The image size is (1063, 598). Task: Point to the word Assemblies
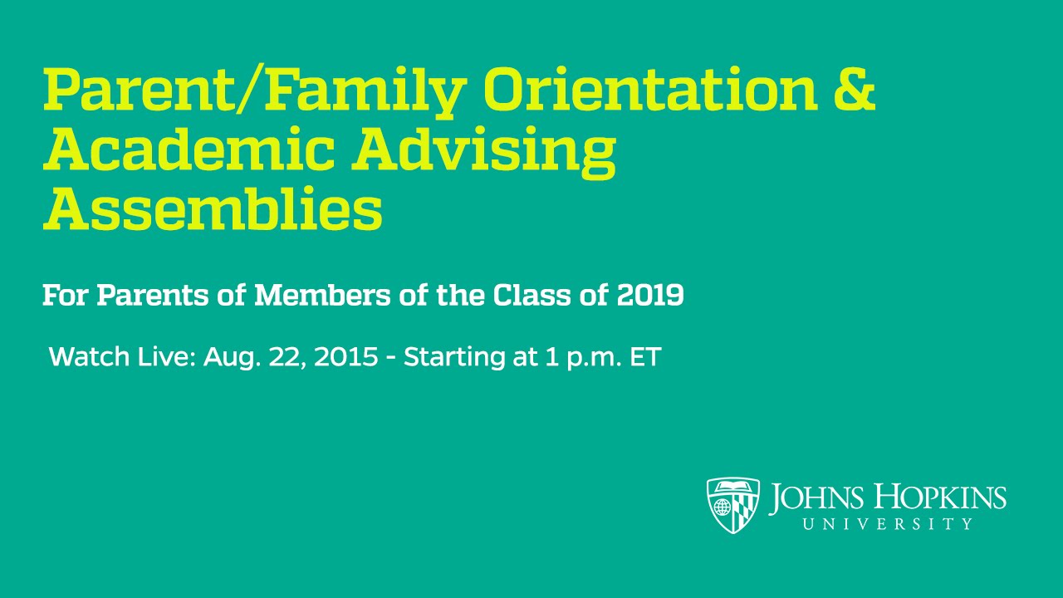coord(213,210)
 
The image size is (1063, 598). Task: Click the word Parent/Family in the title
coord(253,91)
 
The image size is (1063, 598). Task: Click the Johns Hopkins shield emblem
coord(733,505)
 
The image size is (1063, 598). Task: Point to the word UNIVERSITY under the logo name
coord(888,524)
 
